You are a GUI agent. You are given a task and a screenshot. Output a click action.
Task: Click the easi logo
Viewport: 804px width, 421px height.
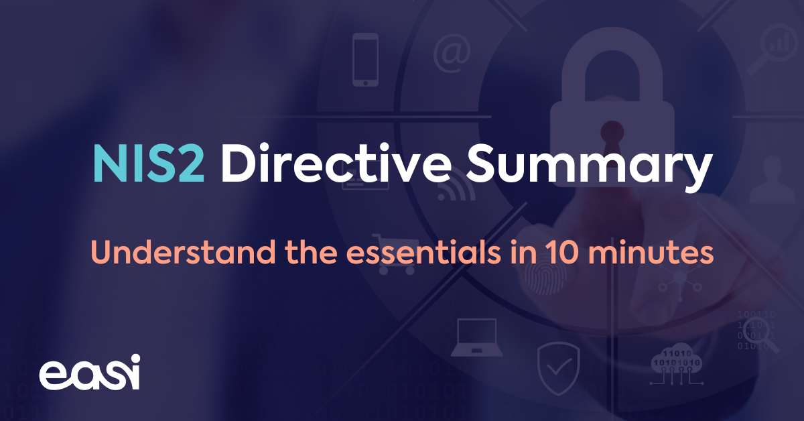click(x=89, y=372)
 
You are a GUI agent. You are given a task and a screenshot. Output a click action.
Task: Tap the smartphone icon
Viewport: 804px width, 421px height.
click(x=365, y=60)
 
